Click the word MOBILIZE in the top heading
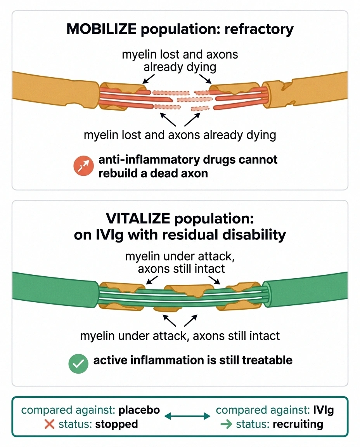101,29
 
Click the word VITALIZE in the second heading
138,219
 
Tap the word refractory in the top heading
259,29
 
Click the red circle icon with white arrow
83,166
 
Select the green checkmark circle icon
78,364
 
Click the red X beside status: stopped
50,424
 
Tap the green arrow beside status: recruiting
227,424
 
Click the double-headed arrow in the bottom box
187,416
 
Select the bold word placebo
139,410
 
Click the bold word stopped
117,424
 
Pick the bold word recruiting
298,424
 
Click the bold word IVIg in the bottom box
323,410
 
